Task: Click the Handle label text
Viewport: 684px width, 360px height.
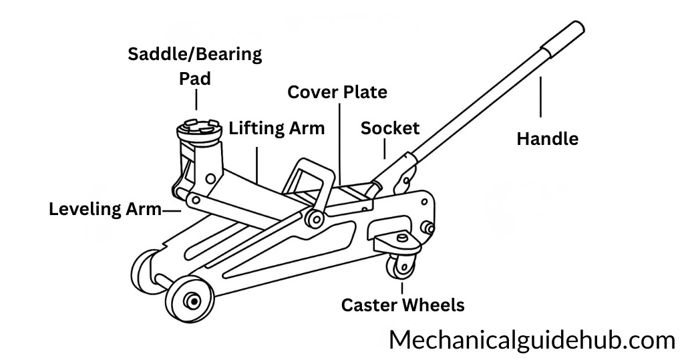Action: click(548, 139)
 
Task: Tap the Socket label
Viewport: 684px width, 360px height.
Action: click(390, 128)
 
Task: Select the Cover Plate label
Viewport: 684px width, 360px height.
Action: click(337, 92)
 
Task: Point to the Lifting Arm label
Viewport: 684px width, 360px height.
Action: click(277, 128)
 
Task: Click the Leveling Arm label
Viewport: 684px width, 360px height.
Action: click(105, 209)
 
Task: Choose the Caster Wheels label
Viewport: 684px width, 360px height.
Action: click(402, 305)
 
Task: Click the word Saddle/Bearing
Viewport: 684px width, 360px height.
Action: click(195, 54)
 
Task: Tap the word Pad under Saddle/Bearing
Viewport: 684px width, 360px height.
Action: click(195, 79)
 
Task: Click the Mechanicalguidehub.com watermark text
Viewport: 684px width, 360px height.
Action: click(532, 340)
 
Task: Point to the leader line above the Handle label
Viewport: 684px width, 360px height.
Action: click(540, 100)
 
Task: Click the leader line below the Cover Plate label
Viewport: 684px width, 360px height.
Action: click(339, 140)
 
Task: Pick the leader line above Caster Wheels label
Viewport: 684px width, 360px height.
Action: click(402, 288)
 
